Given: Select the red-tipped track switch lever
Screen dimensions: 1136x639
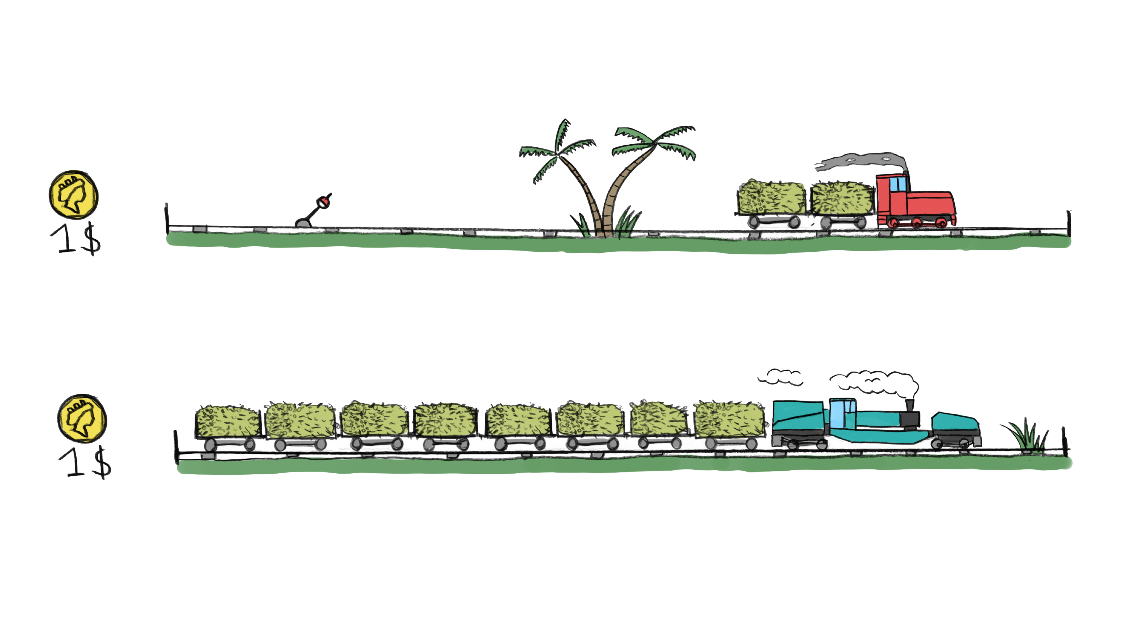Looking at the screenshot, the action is (313, 211).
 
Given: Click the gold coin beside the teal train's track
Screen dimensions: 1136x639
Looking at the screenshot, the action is (82, 418).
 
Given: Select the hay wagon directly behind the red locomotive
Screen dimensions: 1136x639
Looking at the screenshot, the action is (842, 204).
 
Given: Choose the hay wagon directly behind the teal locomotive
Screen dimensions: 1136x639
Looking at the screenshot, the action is (730, 424).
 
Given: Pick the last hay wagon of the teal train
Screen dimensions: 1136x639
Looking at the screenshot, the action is (227, 428).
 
